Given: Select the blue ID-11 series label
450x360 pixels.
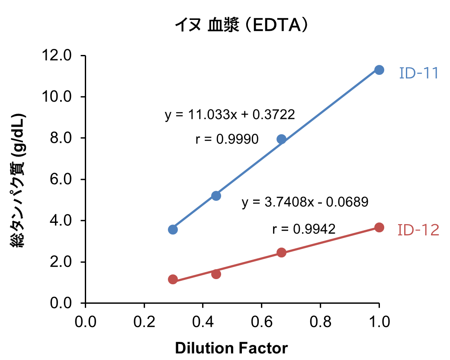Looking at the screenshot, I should (x=418, y=73).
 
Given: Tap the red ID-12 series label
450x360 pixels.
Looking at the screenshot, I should (x=418, y=230).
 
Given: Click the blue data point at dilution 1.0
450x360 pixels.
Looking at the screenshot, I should (x=379, y=70).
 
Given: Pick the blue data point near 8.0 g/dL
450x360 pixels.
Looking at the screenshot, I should (x=281, y=139).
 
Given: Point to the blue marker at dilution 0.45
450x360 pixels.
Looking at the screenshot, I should (x=216, y=196).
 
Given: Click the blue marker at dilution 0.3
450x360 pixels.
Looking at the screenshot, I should (x=173, y=229).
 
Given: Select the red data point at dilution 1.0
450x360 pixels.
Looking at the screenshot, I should (x=379, y=228).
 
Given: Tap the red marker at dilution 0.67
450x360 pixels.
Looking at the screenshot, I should (x=281, y=253).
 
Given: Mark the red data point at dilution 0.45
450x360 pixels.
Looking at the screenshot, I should (x=216, y=274).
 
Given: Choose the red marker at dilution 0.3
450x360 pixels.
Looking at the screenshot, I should (x=173, y=280).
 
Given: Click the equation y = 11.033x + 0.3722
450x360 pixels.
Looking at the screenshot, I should (x=230, y=115).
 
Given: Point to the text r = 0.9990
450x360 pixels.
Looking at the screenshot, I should (x=227, y=139).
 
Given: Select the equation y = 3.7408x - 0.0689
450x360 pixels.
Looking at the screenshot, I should (x=305, y=202).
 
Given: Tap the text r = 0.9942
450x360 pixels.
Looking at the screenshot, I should (x=304, y=229).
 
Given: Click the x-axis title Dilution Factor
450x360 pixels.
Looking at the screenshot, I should (x=231, y=348).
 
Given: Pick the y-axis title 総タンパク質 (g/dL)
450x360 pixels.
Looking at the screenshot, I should (x=19, y=181).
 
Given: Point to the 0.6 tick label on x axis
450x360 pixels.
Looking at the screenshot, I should (x=261, y=321).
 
